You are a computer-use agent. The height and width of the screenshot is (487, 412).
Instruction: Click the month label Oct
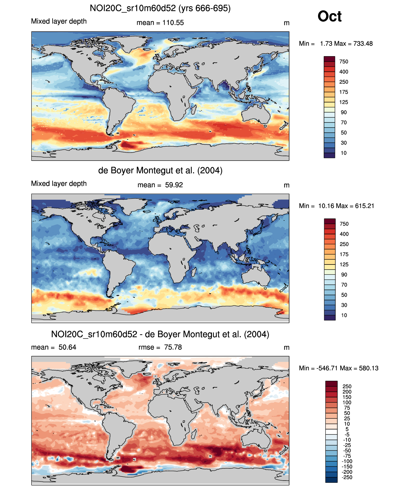[329, 16]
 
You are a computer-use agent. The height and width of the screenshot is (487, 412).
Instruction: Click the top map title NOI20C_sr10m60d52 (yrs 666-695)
[160, 8]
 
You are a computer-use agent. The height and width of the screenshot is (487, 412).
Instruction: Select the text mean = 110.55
[160, 23]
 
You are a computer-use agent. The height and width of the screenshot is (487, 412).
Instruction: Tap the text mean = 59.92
[160, 185]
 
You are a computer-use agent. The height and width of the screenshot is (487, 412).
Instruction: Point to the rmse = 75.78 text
[160, 347]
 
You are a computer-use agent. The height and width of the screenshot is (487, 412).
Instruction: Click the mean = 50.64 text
[54, 347]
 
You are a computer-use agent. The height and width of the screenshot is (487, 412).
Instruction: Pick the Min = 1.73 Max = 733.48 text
[336, 44]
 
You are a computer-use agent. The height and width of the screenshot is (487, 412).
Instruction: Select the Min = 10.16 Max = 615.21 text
[336, 206]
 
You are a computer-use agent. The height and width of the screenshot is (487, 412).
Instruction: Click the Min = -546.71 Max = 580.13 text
[339, 368]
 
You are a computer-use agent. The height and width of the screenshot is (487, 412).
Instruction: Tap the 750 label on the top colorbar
[344, 62]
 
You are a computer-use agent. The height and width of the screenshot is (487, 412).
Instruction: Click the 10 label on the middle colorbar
[344, 315]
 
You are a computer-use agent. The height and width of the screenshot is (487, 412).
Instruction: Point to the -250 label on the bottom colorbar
[347, 477]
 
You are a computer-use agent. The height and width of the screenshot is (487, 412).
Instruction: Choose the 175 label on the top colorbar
[344, 92]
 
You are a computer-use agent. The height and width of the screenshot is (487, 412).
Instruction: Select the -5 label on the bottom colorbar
[347, 434]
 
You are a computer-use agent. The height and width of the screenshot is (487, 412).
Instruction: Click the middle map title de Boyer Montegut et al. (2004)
[160, 170]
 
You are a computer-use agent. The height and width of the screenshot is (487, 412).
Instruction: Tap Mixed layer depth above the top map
[59, 21]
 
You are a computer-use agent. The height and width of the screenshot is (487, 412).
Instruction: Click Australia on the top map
[256, 114]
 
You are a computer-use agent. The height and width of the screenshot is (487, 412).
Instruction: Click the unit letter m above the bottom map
[287, 348]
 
